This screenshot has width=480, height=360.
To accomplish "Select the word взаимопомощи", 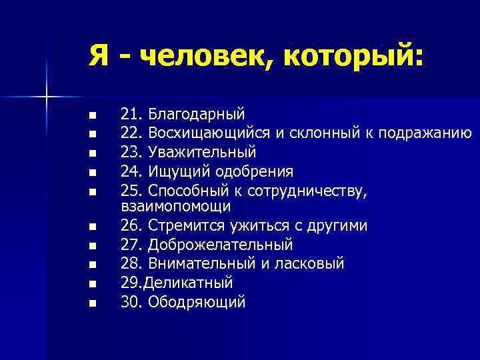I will click(176, 207).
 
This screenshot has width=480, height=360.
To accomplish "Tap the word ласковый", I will click(312, 263).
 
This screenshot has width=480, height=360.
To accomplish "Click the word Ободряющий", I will click(197, 301).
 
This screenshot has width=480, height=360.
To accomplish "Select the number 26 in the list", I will click(131, 226).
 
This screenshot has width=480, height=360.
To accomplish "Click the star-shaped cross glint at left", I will click(46, 97).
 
